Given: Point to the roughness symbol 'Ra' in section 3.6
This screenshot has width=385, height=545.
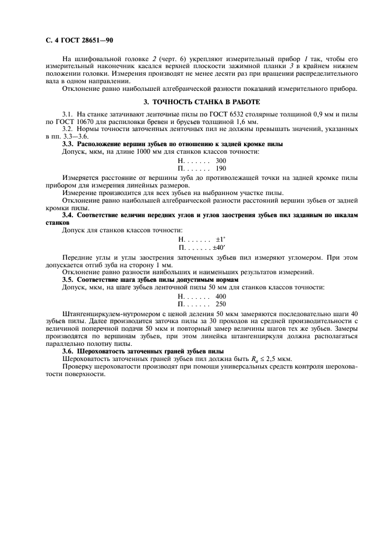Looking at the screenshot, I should point(255,359).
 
